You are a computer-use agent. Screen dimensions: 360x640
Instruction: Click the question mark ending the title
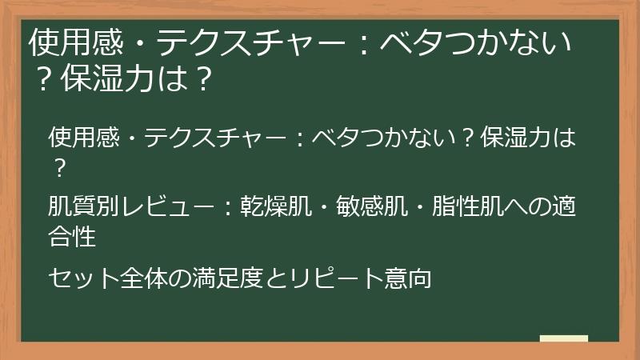point(204,80)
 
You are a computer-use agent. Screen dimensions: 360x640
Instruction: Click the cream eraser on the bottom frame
point(564,338)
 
